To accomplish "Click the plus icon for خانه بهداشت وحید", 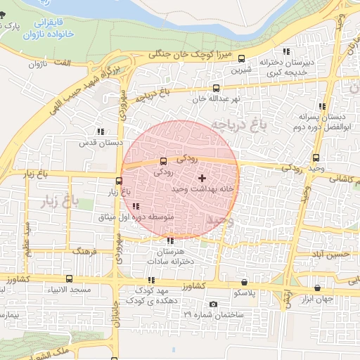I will tap(202, 179).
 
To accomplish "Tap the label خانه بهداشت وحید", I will tap(202, 190).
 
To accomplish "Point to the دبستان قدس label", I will tap(101, 143).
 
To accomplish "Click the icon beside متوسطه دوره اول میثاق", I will tap(135, 206).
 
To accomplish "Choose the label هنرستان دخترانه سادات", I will tap(171, 257).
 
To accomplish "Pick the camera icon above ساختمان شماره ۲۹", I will tap(214, 304).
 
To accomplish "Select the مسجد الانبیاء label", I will tap(69, 290).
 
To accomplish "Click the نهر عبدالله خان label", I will tap(216, 99).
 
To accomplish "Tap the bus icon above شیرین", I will tap(242, 59).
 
